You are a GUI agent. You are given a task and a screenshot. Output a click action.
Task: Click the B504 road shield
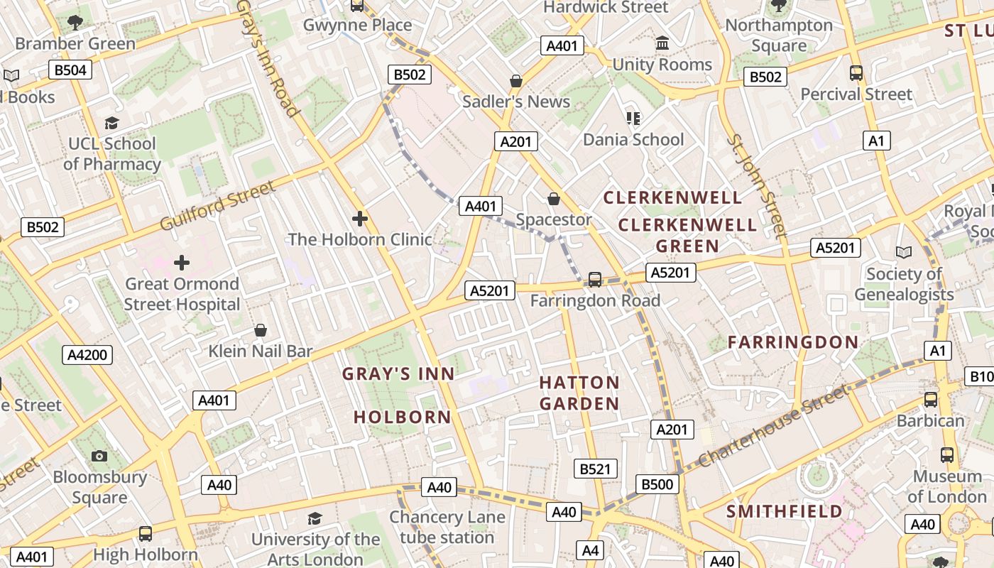coord(70,70)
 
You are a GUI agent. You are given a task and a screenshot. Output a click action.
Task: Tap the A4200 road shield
coord(87,355)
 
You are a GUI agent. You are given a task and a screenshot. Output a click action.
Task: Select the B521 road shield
coord(595,469)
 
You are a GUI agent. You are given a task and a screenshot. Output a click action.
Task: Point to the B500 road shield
coord(657,484)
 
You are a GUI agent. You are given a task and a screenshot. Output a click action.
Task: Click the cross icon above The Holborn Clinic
coord(360,219)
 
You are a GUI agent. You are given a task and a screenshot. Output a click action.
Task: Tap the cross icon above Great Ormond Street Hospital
coord(182,263)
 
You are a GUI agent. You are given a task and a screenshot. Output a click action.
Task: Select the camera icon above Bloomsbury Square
coord(99,456)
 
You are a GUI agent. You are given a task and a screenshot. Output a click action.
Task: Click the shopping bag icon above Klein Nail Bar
coord(261,330)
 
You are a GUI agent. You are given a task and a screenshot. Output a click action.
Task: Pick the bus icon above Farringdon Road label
coord(595,280)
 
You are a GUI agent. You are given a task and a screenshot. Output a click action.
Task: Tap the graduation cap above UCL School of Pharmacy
coord(111,124)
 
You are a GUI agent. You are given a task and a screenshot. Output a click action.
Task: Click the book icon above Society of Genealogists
coord(903,253)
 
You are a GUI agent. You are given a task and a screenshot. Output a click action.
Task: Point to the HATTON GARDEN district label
coord(579,393)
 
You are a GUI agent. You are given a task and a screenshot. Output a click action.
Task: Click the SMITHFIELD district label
coord(784,511)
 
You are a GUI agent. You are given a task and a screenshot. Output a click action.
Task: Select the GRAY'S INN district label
coord(398,374)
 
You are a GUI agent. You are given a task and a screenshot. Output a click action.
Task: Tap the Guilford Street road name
coord(217,206)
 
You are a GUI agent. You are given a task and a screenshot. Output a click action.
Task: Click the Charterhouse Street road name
coord(773,426)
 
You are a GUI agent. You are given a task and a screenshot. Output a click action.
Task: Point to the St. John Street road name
coord(755,185)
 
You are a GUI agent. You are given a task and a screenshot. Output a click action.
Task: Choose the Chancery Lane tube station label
coord(447,528)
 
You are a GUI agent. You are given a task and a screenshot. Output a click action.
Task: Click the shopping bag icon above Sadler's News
coord(516,81)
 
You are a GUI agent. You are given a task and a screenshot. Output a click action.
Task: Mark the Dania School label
coord(633,139)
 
